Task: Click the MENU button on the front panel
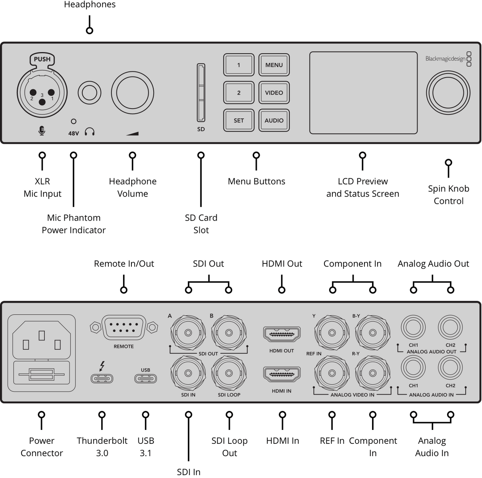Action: point(274,65)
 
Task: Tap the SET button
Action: point(239,120)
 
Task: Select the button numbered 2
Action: point(239,93)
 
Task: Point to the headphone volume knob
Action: point(132,93)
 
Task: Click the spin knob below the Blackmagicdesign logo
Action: point(448,93)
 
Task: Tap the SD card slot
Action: point(201,93)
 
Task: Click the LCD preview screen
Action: point(363,93)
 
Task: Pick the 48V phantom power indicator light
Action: point(73,122)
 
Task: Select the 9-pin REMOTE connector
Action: point(123,327)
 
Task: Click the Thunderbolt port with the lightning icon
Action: point(102,377)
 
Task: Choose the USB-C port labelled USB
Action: point(145,378)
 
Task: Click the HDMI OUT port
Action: point(281,334)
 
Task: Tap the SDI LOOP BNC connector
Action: point(229,373)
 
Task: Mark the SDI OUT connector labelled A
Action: point(188,333)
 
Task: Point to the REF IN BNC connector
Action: point(332,373)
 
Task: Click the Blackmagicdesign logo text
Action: point(445,59)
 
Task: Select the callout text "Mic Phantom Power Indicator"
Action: point(74,224)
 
